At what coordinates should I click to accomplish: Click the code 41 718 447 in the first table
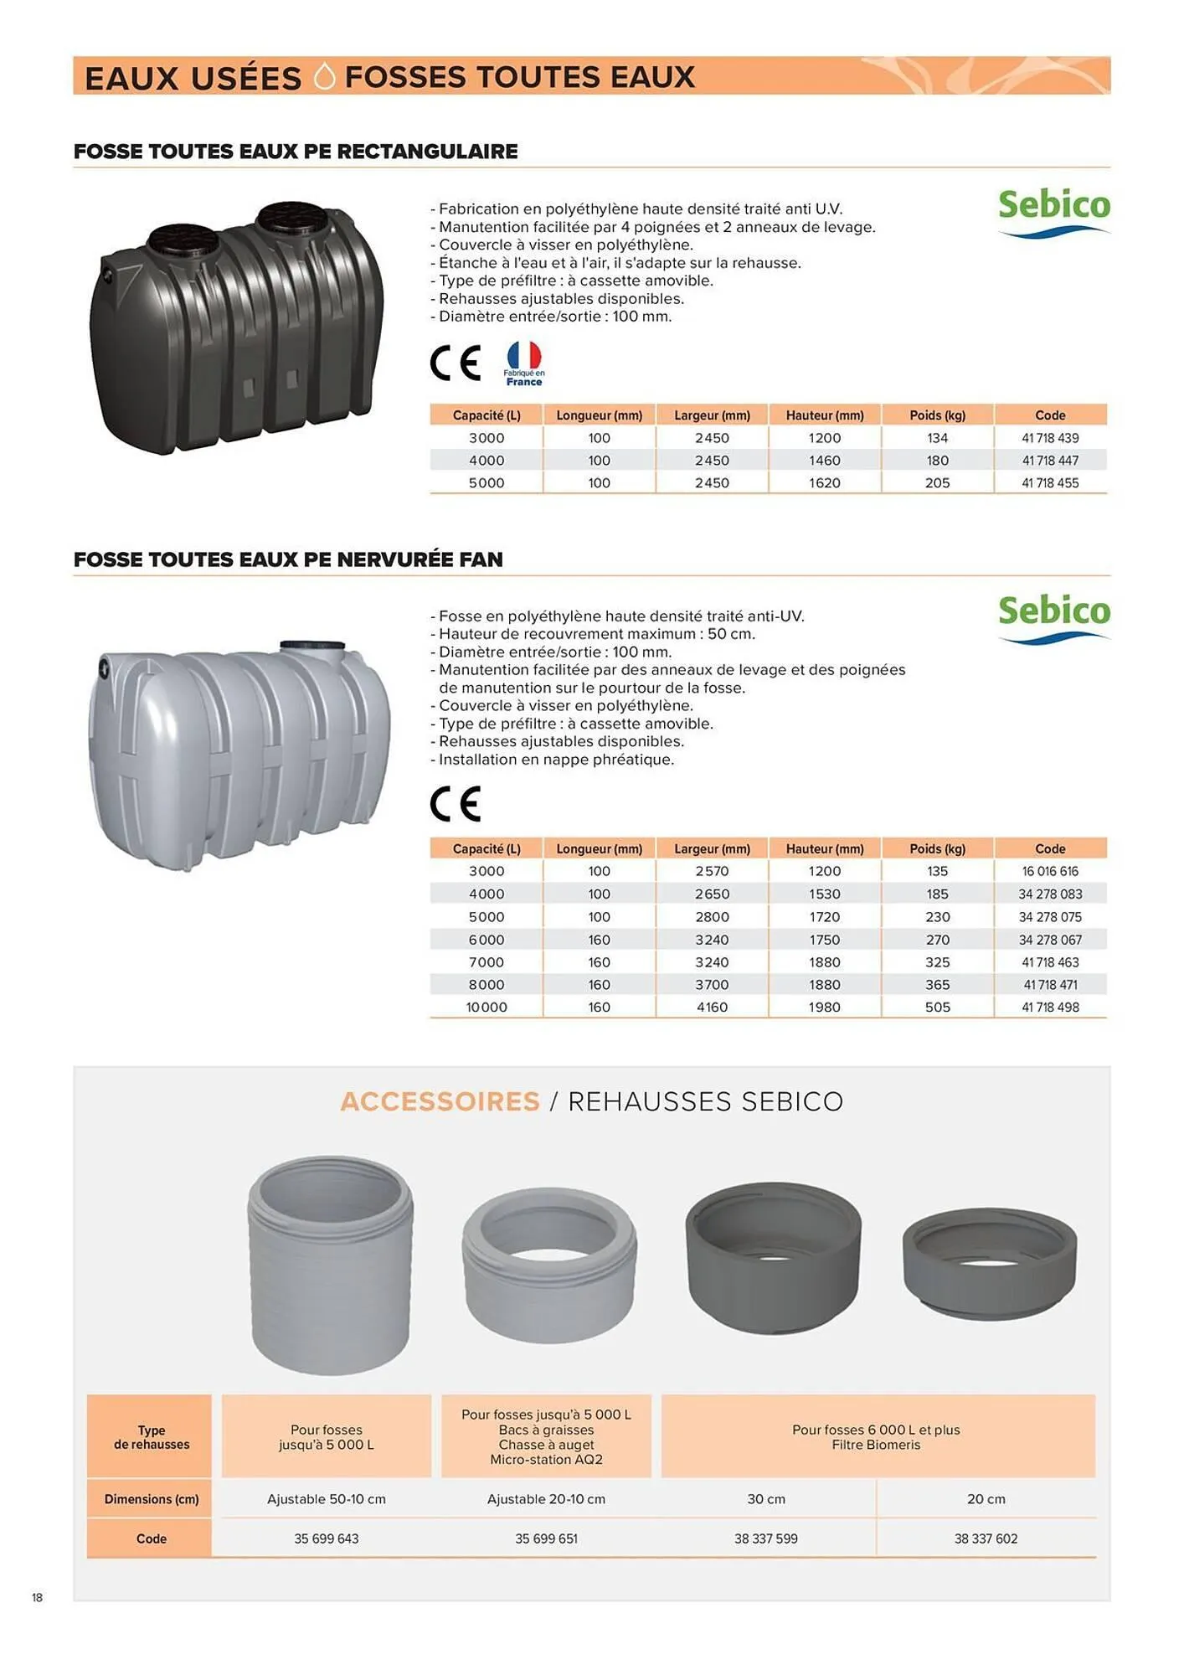click(x=1050, y=461)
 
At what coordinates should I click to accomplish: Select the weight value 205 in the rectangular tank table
click(x=937, y=483)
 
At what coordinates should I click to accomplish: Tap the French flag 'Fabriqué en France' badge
click(x=524, y=363)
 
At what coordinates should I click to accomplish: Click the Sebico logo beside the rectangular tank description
click(x=1053, y=213)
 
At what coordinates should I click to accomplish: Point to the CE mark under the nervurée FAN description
click(x=456, y=804)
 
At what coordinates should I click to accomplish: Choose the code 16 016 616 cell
click(x=1050, y=872)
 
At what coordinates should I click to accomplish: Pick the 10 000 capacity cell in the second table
click(x=486, y=1008)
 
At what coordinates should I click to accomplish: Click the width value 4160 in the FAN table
click(x=712, y=1008)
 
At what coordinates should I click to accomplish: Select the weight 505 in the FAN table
click(x=937, y=1008)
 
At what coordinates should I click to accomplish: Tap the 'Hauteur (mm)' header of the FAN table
click(x=825, y=849)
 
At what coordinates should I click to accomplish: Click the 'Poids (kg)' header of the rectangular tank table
click(x=937, y=415)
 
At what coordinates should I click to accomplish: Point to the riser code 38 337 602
click(x=986, y=1538)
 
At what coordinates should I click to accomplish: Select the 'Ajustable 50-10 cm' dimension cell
click(x=327, y=1499)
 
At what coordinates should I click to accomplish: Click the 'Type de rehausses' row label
click(x=152, y=1437)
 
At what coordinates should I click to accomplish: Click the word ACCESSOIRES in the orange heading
click(x=440, y=1101)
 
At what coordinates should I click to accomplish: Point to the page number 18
click(x=37, y=1598)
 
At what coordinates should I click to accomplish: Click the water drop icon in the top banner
click(x=324, y=76)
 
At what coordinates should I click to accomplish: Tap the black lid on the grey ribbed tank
click(x=312, y=646)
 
